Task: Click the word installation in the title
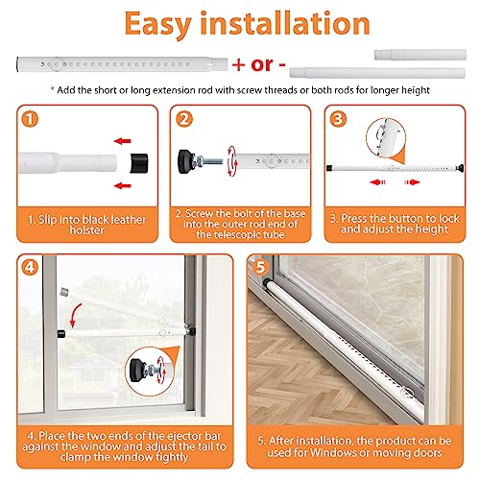(289, 25)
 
